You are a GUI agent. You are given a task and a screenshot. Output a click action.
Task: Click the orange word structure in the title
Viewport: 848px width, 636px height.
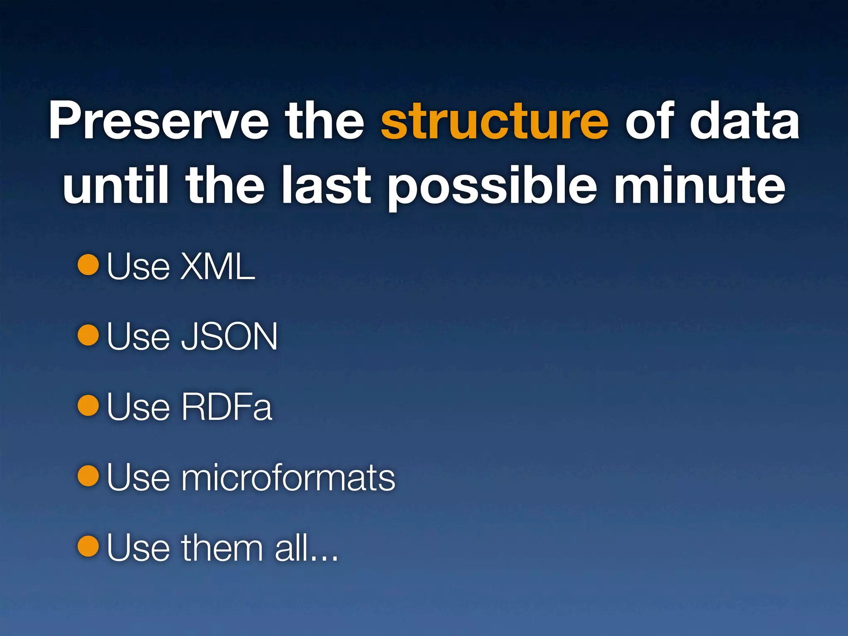[x=494, y=121]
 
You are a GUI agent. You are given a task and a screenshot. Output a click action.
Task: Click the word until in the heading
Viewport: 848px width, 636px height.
[x=116, y=185]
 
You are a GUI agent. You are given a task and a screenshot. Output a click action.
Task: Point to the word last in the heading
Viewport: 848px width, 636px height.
[x=326, y=185]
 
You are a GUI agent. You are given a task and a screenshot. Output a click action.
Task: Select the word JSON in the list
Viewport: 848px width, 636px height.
[x=229, y=337]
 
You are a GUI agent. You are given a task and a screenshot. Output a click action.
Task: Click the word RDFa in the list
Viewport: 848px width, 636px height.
[x=226, y=407]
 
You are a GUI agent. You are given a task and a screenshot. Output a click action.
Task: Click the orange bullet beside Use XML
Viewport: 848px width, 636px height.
[x=88, y=265]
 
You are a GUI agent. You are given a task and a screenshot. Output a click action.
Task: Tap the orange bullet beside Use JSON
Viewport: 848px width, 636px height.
[x=88, y=335]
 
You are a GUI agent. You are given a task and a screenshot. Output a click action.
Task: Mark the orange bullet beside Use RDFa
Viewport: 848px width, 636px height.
[x=88, y=405]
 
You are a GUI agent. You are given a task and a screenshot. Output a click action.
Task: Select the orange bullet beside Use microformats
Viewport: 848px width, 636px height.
[x=88, y=476]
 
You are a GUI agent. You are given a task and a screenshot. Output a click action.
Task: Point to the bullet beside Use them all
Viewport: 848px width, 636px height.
[x=88, y=546]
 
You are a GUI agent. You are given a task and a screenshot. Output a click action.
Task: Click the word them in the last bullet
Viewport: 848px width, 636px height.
[x=222, y=548]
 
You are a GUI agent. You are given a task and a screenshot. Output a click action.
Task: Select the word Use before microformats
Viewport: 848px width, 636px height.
[x=138, y=477]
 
